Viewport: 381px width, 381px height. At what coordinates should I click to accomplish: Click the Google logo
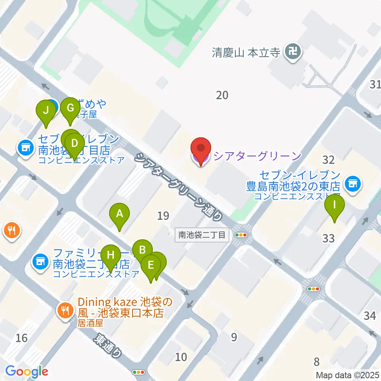pos(27,371)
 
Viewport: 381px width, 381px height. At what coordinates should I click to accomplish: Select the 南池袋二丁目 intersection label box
pos(202,235)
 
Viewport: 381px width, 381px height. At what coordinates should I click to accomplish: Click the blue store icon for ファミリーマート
pos(39,261)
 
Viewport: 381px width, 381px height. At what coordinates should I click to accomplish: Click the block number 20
pos(222,95)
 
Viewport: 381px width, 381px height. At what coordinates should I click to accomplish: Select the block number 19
pos(163,216)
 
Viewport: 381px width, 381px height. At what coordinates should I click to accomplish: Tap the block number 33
pos(329,238)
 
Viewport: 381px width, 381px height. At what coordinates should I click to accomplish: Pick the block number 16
pos(21,338)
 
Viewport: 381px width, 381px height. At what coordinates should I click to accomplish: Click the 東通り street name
pos(107,345)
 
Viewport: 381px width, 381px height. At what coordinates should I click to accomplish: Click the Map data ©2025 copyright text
pos(347,375)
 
